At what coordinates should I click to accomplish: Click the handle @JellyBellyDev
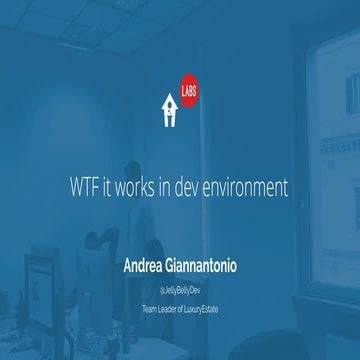(180, 288)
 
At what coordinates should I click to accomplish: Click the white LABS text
(189, 86)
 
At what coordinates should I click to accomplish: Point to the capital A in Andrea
(128, 266)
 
